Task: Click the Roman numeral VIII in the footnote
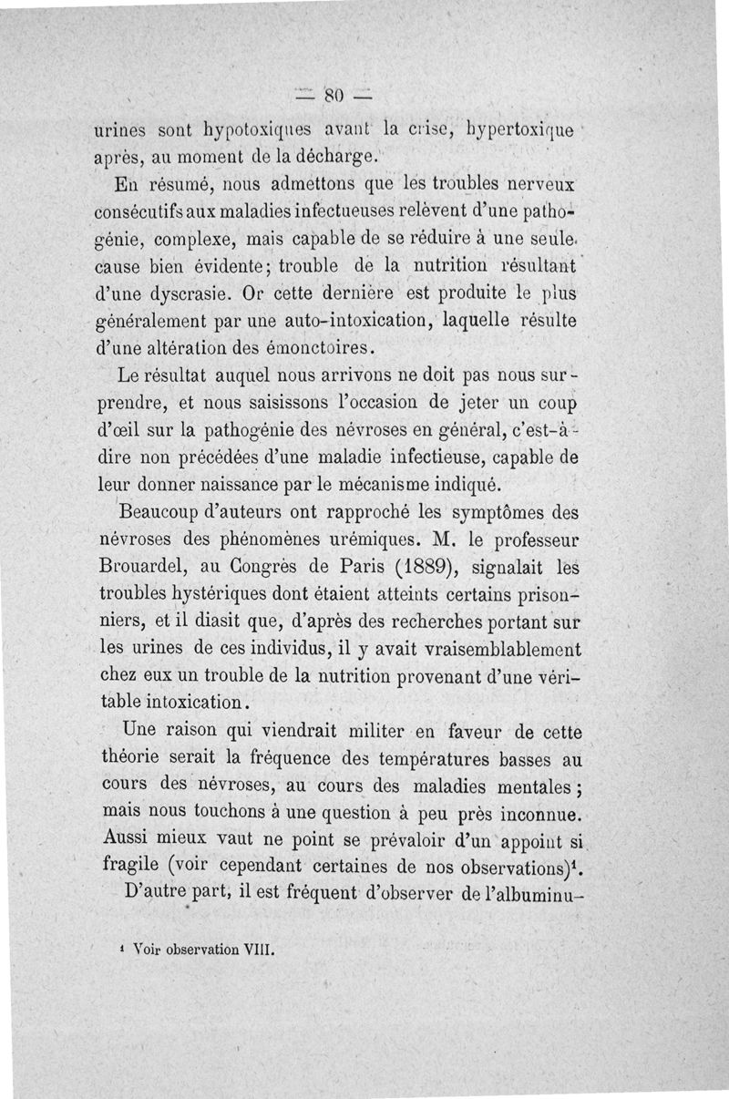point(259,947)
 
